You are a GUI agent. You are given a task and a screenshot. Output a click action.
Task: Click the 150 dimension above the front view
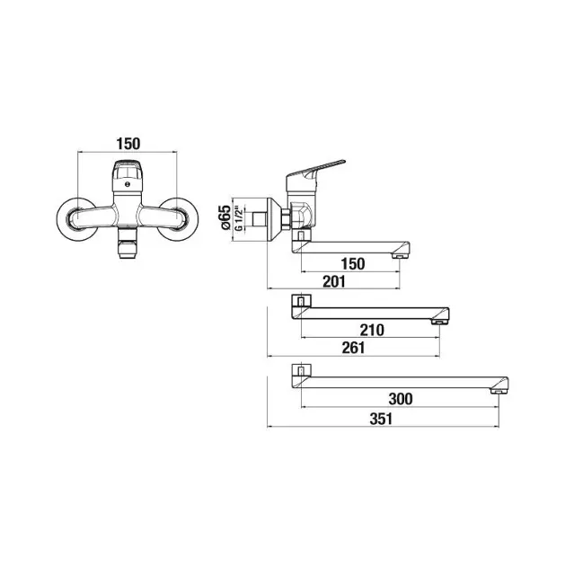(128, 144)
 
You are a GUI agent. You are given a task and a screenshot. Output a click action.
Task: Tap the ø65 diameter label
(225, 217)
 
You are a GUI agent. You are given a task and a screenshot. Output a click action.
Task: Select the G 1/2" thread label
(238, 218)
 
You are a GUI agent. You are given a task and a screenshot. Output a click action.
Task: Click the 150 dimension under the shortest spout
(353, 264)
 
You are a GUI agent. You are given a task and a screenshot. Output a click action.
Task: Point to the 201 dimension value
(334, 281)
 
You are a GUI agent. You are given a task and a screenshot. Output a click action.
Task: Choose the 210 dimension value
(372, 330)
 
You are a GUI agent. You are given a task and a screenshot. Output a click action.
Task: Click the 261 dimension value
(353, 348)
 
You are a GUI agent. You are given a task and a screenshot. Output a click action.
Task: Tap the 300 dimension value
(401, 399)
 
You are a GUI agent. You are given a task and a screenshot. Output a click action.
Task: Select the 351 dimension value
(381, 419)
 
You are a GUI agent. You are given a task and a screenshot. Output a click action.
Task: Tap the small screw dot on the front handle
(127, 184)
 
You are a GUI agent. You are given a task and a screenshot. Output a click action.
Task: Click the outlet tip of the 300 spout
(497, 392)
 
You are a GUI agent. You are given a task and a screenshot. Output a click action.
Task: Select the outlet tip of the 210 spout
(437, 322)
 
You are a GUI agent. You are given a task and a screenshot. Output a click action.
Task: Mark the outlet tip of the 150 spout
(398, 256)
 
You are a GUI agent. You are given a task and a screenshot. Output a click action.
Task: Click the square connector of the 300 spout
(301, 371)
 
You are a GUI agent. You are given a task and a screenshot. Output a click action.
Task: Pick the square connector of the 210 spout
(301, 301)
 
